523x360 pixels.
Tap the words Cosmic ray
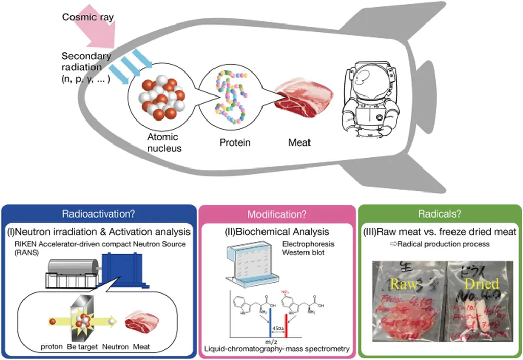click(x=88, y=17)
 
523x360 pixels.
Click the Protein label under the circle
click(x=234, y=142)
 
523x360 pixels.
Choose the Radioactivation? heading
click(x=98, y=214)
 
